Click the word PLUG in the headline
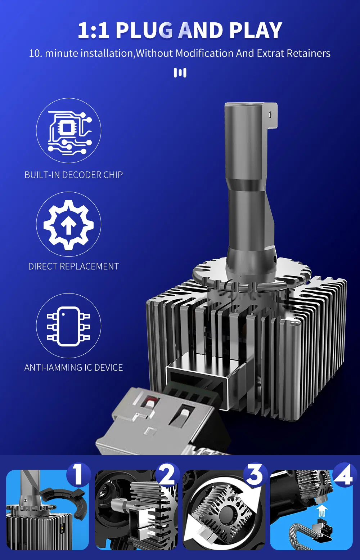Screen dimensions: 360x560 144,31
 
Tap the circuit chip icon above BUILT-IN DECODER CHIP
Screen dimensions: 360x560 69,132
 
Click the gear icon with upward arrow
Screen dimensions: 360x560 68,225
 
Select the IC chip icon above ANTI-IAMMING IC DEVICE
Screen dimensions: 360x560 68,326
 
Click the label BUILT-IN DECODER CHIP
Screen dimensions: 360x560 74,175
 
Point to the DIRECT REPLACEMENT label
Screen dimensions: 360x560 74,266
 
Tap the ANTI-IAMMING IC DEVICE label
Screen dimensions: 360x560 74,367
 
